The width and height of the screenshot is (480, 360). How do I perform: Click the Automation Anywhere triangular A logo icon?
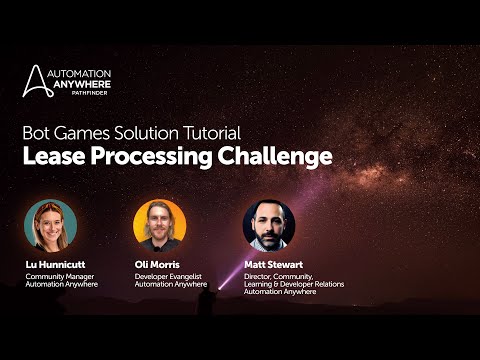(34, 81)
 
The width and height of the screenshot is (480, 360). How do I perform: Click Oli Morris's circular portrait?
(160, 224)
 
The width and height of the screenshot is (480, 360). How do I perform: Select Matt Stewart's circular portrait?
(269, 224)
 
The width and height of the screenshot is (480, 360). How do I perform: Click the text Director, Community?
(279, 275)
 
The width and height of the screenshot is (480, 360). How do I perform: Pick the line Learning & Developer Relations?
(292, 283)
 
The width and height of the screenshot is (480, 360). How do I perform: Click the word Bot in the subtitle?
(36, 131)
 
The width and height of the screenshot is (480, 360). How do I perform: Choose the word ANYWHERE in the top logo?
(86, 85)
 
